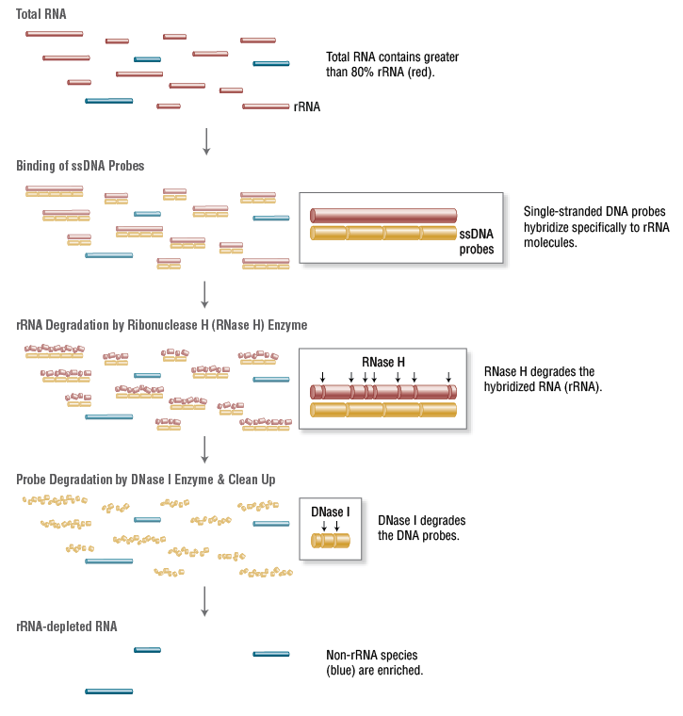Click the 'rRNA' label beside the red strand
click(307, 107)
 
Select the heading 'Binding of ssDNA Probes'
click(80, 166)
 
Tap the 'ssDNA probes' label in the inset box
click(477, 241)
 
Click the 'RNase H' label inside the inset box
click(383, 362)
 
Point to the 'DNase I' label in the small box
click(330, 512)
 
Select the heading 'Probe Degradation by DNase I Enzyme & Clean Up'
click(145, 480)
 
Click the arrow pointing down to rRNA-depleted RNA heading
click(204, 600)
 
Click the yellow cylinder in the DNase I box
click(331, 541)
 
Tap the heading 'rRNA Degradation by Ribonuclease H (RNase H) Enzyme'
click(161, 325)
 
